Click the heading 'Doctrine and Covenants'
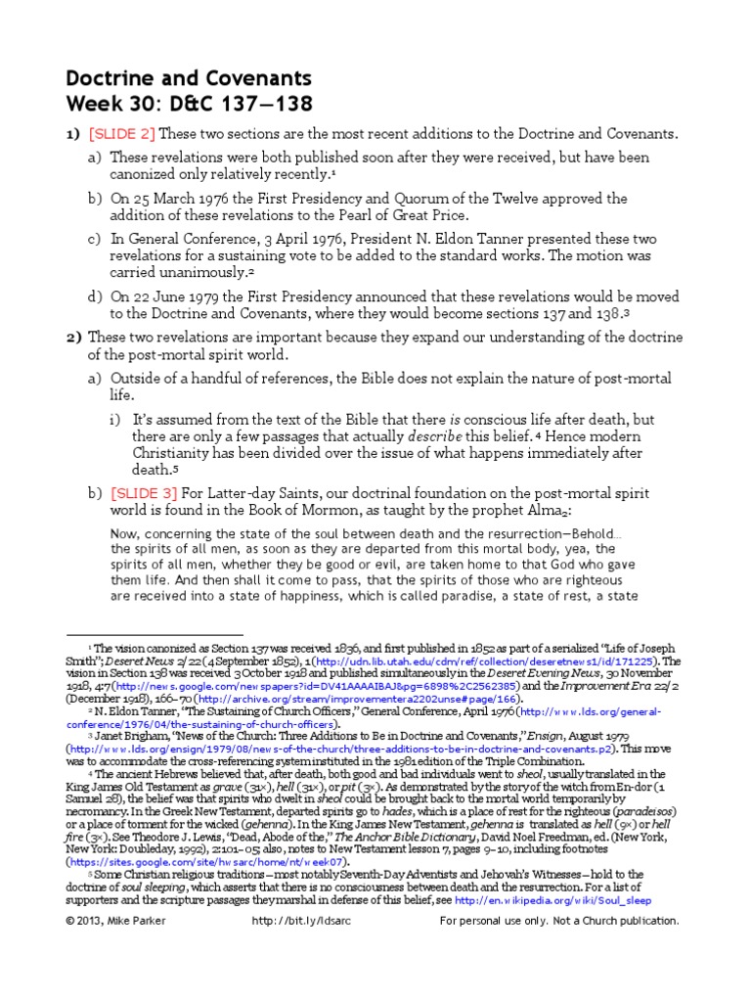(188, 78)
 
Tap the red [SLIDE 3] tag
(143, 492)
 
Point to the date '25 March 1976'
(179, 199)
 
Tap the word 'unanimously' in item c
(199, 273)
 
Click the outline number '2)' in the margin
(73, 338)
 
